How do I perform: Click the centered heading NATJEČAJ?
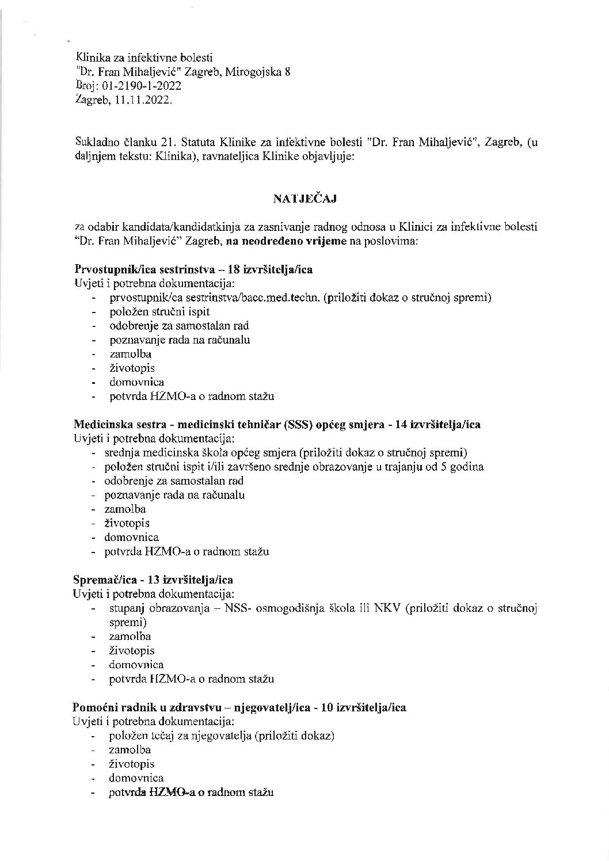click(304, 199)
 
